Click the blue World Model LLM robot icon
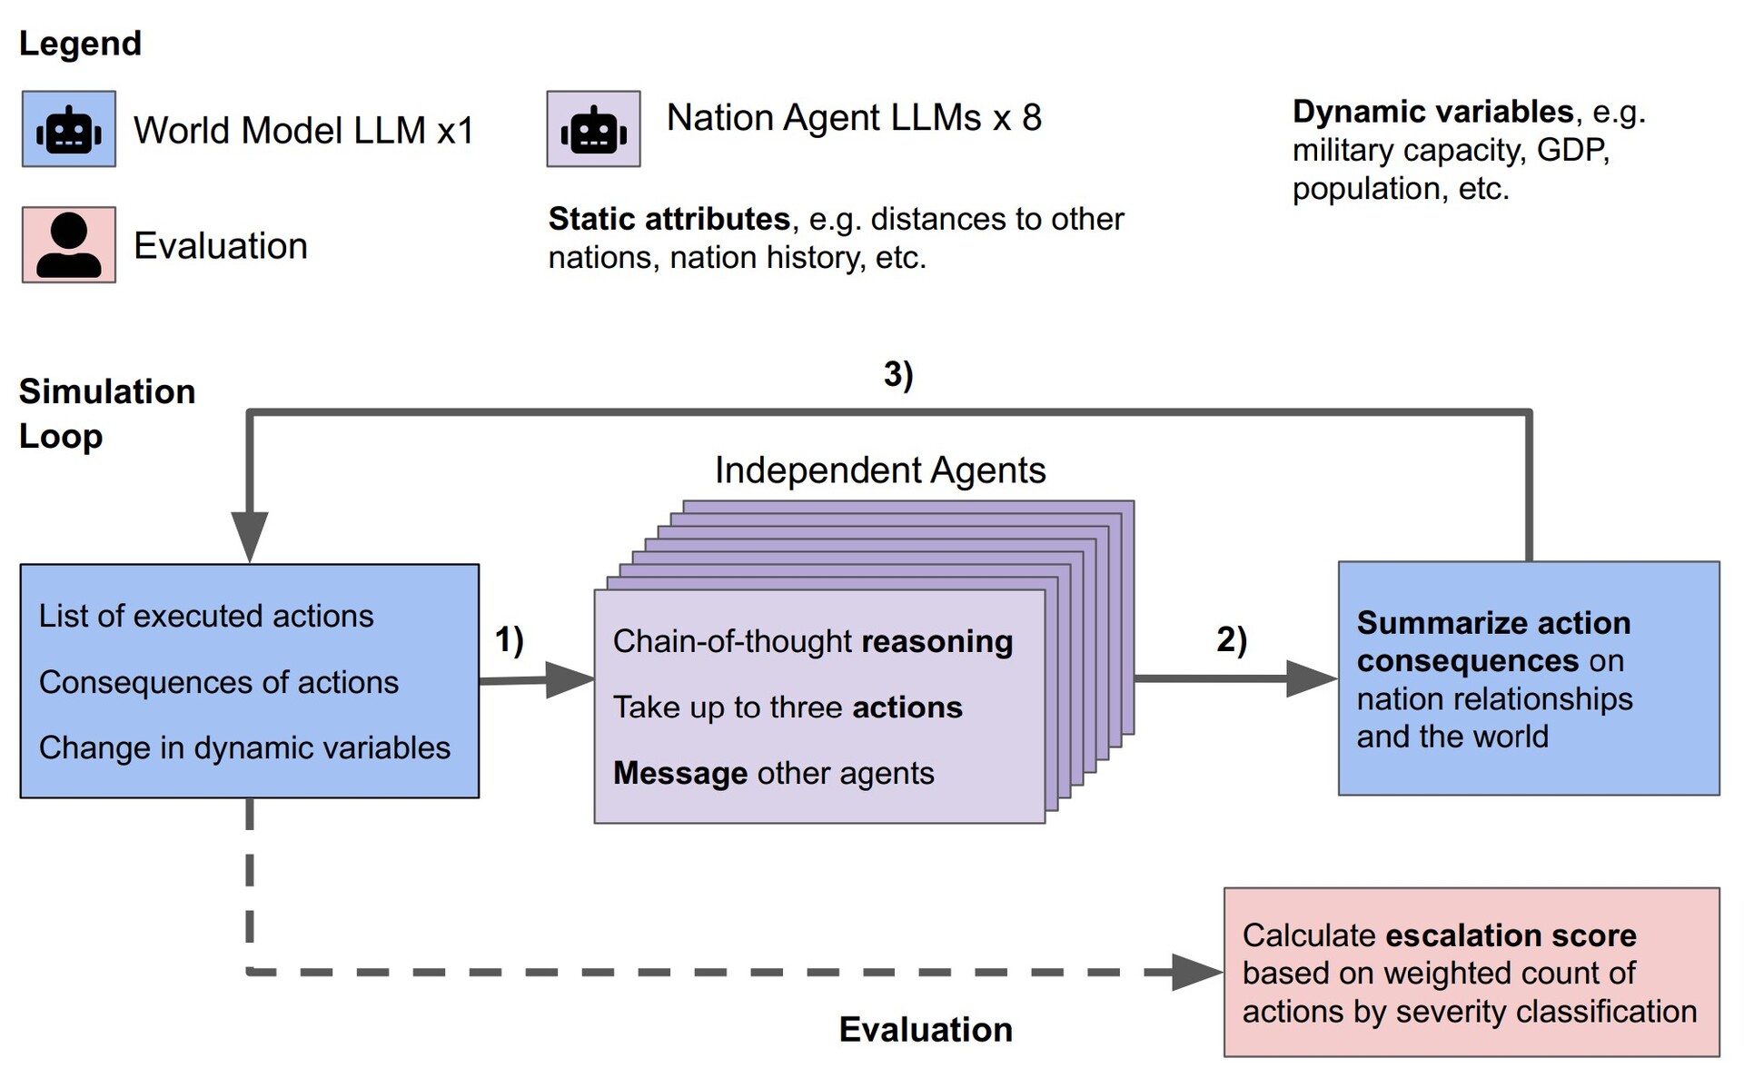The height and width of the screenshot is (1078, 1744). (69, 129)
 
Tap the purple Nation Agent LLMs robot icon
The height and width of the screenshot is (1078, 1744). (593, 129)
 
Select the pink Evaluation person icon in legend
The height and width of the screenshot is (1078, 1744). (69, 244)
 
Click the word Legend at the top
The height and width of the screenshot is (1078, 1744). (80, 44)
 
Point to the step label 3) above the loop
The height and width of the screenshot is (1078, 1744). (898, 373)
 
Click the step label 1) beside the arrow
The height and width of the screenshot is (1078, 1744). (510, 639)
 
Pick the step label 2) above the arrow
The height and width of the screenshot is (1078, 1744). (1232, 639)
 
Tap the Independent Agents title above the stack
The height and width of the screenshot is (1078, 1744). (880, 470)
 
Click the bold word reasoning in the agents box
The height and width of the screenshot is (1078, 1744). (936, 641)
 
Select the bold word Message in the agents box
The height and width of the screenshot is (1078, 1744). (680, 773)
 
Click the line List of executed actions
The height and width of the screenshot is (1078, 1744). (206, 616)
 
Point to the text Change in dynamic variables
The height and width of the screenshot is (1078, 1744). (244, 747)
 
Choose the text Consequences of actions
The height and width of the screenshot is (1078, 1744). (219, 682)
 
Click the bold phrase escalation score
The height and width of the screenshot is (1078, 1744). (1511, 935)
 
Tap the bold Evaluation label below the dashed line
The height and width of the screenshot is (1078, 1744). (926, 1029)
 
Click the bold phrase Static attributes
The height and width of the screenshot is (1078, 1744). (669, 219)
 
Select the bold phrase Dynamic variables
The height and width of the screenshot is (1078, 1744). (1432, 112)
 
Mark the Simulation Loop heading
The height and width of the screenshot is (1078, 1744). (106, 413)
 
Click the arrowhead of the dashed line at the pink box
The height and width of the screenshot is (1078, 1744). (1196, 972)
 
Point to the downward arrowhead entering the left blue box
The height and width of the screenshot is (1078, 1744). (250, 536)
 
